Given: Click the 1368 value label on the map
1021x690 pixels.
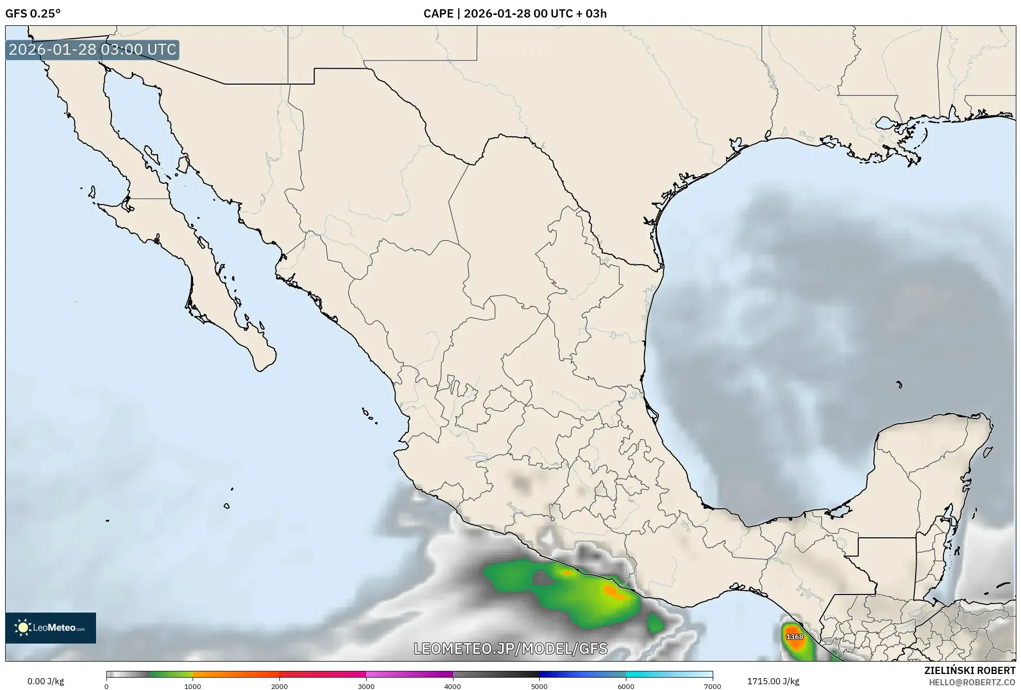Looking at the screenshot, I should (x=794, y=637).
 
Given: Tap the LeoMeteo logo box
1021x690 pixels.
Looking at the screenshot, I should (x=51, y=628).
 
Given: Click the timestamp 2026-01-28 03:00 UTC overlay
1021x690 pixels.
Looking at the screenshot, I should (x=92, y=50).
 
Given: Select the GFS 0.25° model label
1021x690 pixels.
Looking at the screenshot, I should (x=33, y=13).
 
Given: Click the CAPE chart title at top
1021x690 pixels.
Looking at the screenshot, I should (x=515, y=13).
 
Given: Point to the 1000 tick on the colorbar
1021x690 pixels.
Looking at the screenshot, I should (x=193, y=686).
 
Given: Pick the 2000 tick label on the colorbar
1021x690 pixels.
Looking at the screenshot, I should (x=279, y=686).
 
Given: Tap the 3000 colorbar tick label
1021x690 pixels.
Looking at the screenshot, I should (x=366, y=686).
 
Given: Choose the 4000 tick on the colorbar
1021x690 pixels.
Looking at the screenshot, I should (x=453, y=686).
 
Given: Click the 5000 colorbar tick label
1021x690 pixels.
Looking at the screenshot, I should (x=539, y=686).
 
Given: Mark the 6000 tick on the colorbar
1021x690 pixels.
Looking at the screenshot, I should (x=626, y=686).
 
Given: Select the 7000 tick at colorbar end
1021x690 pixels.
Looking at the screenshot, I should (x=713, y=686).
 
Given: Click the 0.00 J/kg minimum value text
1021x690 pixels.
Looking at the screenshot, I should (x=46, y=681).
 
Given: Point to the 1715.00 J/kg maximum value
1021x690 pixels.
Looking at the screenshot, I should (x=773, y=681).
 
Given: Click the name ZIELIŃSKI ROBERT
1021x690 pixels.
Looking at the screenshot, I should (x=969, y=670).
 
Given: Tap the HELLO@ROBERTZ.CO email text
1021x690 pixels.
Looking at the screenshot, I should (x=972, y=682).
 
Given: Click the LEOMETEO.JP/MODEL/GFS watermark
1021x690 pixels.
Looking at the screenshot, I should (x=510, y=648).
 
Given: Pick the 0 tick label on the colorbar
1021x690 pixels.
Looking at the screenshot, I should (x=106, y=686).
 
